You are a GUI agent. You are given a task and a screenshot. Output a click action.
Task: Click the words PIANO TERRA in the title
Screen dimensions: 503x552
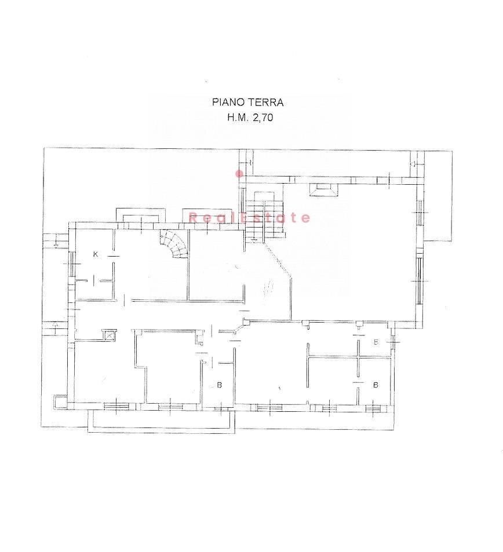[x=247, y=102]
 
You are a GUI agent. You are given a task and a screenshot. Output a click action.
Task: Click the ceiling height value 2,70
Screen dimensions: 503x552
[x=263, y=118]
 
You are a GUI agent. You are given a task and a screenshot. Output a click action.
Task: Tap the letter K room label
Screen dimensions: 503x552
[x=95, y=254]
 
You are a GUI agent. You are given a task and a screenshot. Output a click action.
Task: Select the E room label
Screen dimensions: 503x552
[x=376, y=342]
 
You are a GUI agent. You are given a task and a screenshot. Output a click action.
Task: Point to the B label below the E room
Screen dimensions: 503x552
[x=376, y=385]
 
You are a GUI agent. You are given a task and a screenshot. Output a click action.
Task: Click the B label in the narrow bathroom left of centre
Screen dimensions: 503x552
[x=219, y=385]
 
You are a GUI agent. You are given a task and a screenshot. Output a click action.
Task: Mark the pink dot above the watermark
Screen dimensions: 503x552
[x=239, y=173]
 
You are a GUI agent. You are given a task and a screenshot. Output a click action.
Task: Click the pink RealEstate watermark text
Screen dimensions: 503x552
[x=249, y=218]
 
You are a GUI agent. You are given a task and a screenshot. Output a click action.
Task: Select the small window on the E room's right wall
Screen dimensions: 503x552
[x=392, y=339]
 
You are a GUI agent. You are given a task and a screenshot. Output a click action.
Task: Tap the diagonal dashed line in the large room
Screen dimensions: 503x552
[x=278, y=259]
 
